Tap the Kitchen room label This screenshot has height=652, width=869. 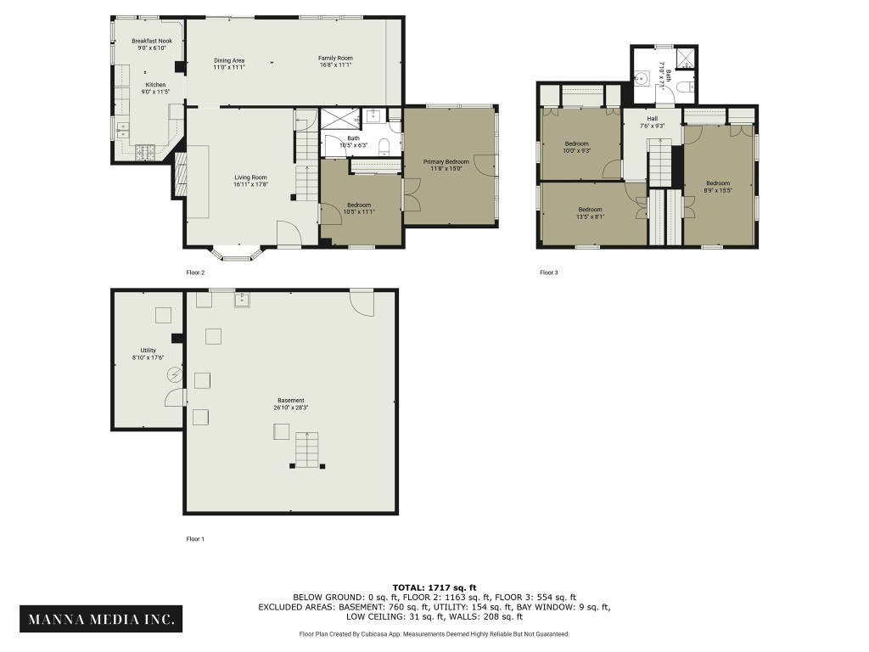[156, 85]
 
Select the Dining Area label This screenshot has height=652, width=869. [229, 60]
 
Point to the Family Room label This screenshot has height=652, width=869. [335, 58]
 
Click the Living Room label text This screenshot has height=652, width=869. [251, 177]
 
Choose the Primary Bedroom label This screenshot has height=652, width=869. [446, 161]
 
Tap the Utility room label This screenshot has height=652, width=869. [149, 351]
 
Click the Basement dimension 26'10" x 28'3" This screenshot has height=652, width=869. [291, 407]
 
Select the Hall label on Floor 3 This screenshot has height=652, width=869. [652, 119]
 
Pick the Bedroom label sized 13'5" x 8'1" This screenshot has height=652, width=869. [591, 210]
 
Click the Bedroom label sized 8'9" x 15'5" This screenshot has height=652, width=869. [718, 183]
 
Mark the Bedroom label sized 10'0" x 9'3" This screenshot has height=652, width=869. [577, 144]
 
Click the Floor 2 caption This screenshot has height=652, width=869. [195, 273]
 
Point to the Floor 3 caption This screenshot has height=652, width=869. [549, 273]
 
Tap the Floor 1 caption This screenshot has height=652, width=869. [195, 538]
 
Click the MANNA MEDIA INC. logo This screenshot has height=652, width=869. [100, 619]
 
